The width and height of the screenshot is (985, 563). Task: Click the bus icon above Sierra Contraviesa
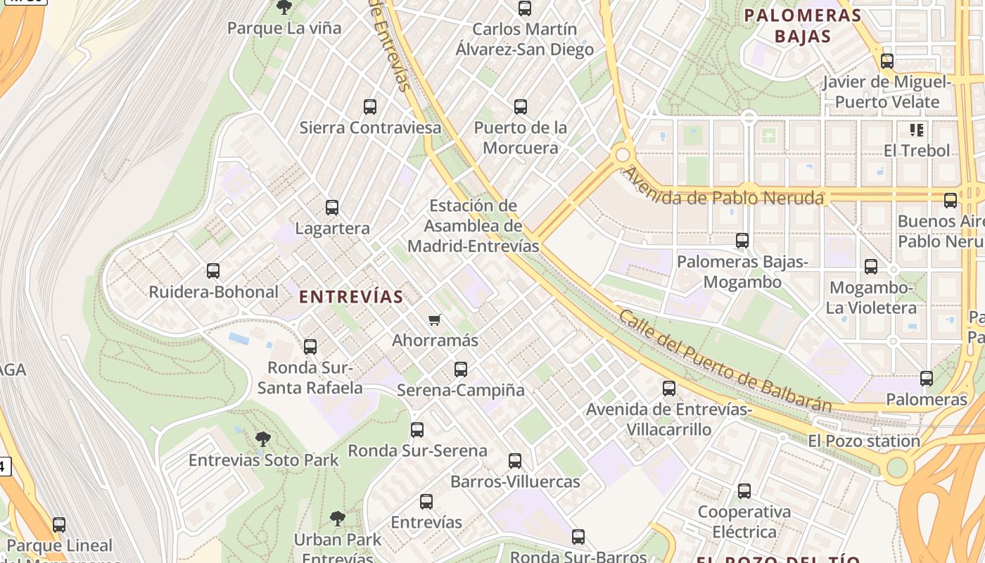[x=370, y=107]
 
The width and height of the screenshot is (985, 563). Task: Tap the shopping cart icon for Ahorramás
[x=435, y=320]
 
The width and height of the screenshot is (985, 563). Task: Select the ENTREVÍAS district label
[x=351, y=297]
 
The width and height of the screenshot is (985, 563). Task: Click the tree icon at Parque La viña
[x=284, y=8]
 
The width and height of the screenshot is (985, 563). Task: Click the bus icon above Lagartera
[x=332, y=208]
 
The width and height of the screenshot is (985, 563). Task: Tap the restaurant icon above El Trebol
[x=917, y=129]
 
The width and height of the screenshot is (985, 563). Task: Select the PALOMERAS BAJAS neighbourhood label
[x=803, y=26]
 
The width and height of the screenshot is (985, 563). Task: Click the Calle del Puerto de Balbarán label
[x=725, y=360]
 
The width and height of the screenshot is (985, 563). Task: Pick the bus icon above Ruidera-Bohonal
[x=213, y=271]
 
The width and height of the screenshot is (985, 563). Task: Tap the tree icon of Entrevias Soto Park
[x=263, y=440]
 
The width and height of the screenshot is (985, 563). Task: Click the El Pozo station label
[x=864, y=441]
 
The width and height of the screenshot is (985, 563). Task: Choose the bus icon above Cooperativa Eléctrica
[x=744, y=491]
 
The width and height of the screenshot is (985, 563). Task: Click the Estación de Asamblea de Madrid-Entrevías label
[x=474, y=226]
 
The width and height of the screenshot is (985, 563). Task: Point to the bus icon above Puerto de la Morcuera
[x=521, y=107]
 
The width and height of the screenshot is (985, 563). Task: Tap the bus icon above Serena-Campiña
[x=461, y=369]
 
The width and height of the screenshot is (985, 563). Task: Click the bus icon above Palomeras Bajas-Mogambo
[x=742, y=241]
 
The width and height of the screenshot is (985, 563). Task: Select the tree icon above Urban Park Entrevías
[x=338, y=519]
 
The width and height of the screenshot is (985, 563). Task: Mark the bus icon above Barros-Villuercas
[x=515, y=461]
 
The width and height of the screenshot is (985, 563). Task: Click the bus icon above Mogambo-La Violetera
[x=871, y=267]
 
